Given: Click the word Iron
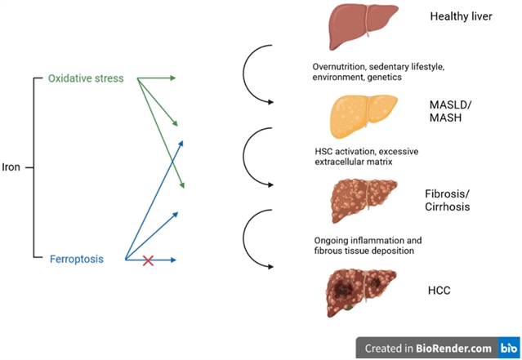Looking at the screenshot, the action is pos(11,167).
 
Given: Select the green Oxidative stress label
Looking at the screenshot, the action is pos(86,78).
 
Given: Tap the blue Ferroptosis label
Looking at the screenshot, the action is pos(77,259).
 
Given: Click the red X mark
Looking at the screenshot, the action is pos(148,260).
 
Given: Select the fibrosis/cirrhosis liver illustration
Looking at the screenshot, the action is pos(364,200).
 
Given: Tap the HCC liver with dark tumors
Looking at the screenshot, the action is pos(362,292).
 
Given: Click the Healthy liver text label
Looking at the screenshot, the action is pos(461,16).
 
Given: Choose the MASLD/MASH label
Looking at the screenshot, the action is pos(450,111).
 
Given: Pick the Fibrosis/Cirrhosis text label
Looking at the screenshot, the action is pos(447,200).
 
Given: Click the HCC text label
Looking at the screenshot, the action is pos(439,290).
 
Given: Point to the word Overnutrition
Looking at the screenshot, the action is pos(339,67).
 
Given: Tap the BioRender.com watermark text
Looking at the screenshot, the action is pos(453,349).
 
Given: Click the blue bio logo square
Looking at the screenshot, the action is pos(509,348).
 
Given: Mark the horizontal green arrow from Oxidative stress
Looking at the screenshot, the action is pos(157,78).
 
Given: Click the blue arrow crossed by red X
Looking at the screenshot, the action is pos(150,260).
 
